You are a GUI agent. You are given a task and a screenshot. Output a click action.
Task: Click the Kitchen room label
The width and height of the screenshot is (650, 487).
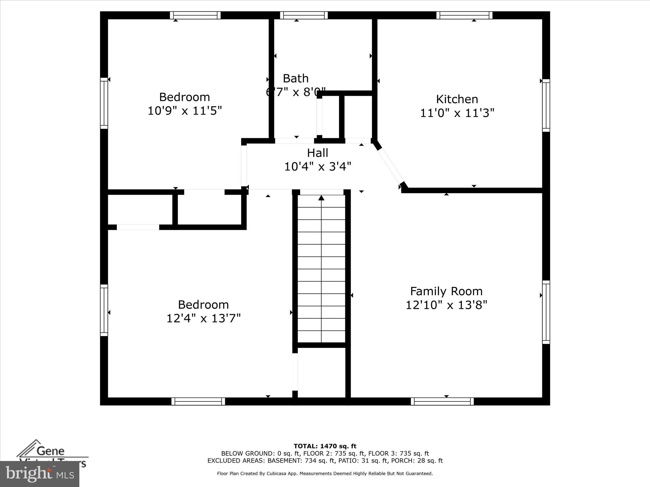[x=457, y=99]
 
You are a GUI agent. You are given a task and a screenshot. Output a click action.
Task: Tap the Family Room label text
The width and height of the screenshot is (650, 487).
[x=446, y=291]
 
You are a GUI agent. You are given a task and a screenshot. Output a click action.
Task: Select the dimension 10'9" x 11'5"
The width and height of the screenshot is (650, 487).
[x=185, y=111]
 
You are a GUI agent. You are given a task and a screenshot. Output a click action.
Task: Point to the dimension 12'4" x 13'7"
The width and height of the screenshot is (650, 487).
[x=203, y=318]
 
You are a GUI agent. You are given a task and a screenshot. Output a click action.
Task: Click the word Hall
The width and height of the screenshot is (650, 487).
[x=317, y=153]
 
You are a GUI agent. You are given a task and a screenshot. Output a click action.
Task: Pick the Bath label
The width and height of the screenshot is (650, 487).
[x=295, y=78]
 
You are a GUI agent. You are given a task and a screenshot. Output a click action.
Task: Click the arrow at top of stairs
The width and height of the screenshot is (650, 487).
[x=321, y=198]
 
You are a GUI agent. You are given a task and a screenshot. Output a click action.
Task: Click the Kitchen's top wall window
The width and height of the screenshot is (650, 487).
[x=464, y=15]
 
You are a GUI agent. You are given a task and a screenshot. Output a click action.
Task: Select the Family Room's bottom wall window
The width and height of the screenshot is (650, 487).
[x=442, y=401]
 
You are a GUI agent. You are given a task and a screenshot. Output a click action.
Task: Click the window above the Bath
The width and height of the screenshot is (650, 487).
[x=304, y=15]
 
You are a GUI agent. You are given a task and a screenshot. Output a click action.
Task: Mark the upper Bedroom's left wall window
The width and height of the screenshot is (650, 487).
[x=104, y=103]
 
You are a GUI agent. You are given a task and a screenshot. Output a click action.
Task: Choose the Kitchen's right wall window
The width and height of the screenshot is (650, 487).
[x=546, y=105]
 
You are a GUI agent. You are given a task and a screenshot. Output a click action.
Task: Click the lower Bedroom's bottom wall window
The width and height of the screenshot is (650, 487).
[x=198, y=401]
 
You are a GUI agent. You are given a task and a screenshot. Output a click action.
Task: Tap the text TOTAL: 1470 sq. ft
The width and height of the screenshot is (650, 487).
[x=325, y=446]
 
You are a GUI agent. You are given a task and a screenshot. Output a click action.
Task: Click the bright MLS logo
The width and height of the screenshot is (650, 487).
[x=40, y=474]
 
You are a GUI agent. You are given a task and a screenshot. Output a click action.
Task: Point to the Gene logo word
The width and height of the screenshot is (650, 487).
[x=51, y=451]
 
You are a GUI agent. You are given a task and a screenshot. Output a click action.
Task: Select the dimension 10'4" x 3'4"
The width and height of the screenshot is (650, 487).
[x=317, y=166]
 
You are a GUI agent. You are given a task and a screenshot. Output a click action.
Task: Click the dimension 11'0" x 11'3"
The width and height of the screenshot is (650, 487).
[x=457, y=113]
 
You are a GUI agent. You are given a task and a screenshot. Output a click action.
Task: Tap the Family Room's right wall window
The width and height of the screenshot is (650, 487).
[x=546, y=312]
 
